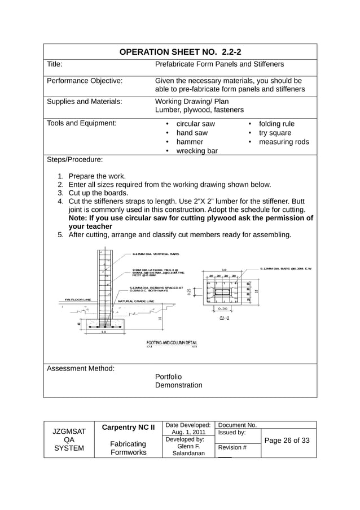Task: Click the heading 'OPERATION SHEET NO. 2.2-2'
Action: pos(180,52)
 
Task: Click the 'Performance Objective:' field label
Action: pos(85,81)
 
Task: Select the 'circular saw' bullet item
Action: pos(195,124)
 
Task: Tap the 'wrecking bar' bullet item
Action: pos(197,151)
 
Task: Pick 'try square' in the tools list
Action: pos(275,133)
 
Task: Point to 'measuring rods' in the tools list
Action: pos(283,142)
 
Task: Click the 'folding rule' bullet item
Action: pos(276,124)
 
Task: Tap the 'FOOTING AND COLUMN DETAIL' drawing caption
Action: pos(172,342)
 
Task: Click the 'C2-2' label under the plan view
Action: pos(224,319)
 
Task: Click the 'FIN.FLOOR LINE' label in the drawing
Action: pos(78,300)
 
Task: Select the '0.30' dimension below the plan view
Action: pos(223,309)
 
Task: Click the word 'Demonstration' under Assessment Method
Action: pos(178,385)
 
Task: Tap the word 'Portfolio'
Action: pos(168,376)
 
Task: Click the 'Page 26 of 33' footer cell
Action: pos(288,441)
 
